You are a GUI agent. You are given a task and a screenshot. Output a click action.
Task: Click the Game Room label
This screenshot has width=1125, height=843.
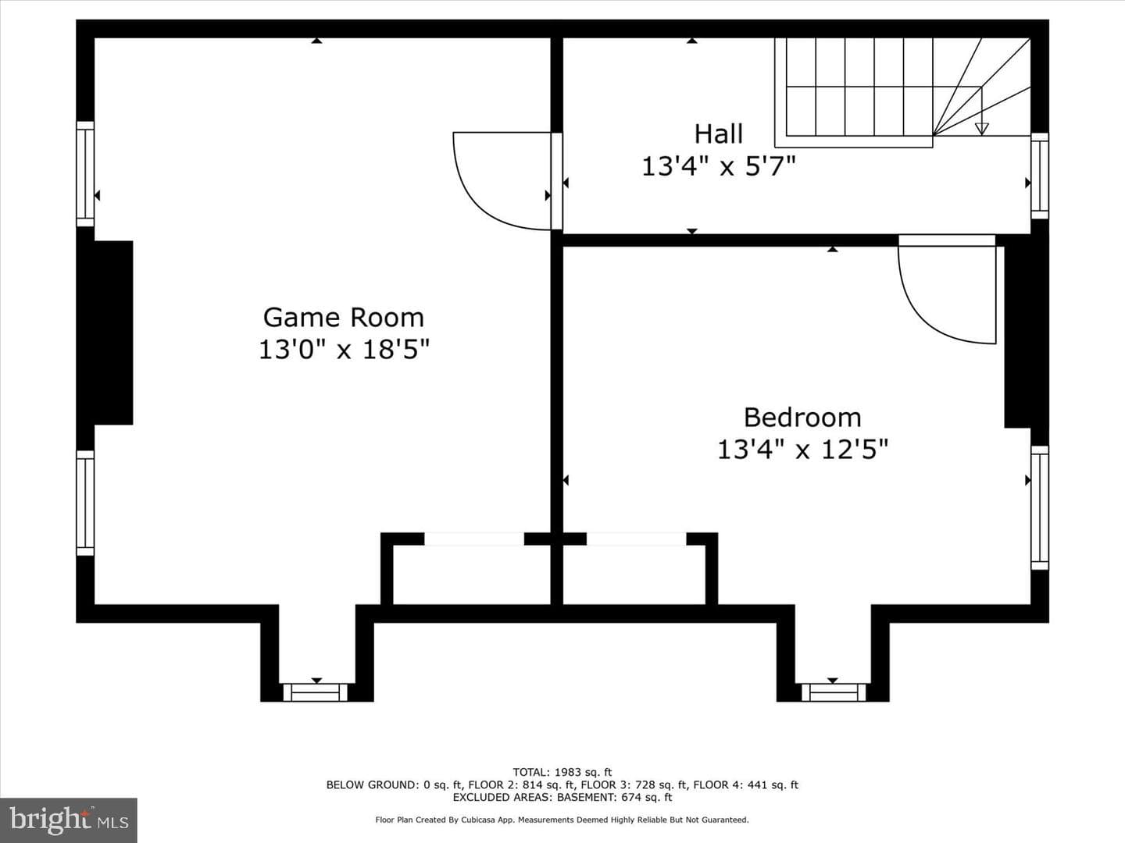click(344, 318)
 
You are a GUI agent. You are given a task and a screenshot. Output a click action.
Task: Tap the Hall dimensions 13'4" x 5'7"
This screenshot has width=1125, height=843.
click(719, 166)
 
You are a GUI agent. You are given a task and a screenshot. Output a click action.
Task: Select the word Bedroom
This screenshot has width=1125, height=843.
click(802, 418)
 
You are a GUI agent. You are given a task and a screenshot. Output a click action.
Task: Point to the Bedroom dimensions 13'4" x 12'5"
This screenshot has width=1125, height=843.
click(802, 450)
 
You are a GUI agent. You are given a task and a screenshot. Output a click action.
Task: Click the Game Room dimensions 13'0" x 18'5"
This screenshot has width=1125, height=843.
click(344, 350)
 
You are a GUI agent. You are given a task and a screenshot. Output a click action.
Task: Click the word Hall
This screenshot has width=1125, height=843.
click(719, 134)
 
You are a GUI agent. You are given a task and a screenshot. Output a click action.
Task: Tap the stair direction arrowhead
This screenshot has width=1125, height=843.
click(981, 129)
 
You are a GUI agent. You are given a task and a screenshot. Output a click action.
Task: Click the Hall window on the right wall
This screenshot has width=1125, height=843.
click(1039, 176)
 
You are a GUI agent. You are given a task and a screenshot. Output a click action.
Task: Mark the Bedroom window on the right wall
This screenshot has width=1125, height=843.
click(1039, 507)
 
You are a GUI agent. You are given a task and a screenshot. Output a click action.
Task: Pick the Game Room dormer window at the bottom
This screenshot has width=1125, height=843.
click(315, 692)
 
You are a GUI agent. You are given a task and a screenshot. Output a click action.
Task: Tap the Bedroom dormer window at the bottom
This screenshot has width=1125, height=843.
click(834, 692)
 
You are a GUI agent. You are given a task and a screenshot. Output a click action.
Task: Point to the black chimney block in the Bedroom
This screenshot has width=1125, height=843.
click(1026, 332)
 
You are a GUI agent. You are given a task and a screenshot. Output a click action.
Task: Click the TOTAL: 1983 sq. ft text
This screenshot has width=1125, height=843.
click(562, 772)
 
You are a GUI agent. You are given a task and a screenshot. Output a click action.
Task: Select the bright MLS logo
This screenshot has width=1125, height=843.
click(69, 820)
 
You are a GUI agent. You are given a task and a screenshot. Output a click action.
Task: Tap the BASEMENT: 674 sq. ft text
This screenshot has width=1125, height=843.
click(615, 797)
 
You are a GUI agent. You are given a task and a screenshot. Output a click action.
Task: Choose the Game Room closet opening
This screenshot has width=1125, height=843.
click(474, 539)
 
